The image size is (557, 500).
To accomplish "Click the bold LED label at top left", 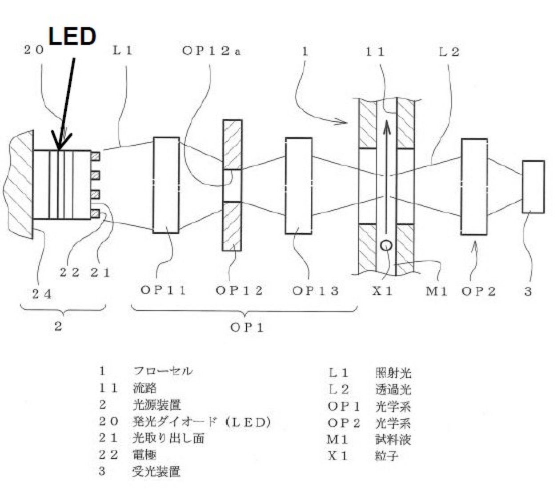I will pyautogui.click(x=72, y=36).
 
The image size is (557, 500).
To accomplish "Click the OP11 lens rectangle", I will pyautogui.click(x=166, y=185).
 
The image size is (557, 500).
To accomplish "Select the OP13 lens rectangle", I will pyautogui.click(x=298, y=186).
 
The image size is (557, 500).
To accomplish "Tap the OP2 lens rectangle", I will pyautogui.click(x=474, y=187).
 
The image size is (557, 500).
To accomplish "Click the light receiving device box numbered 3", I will pyautogui.click(x=533, y=187).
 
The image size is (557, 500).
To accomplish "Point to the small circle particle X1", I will pyautogui.click(x=386, y=245).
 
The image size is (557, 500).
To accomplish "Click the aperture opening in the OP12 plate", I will pyautogui.click(x=232, y=185).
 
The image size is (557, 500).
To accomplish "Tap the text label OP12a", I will pyautogui.click(x=212, y=51).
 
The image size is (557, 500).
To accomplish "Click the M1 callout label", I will pyautogui.click(x=437, y=292).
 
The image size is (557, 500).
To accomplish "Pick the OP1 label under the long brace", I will pyautogui.click(x=247, y=328).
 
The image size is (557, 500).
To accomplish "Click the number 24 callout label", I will pyautogui.click(x=42, y=294).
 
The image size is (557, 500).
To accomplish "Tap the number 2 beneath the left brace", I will pyautogui.click(x=58, y=327).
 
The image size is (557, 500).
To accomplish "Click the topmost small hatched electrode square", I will pyautogui.click(x=95, y=156).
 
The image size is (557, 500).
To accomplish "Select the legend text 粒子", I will pyautogui.click(x=386, y=456).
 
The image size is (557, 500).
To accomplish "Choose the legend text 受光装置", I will pyautogui.click(x=156, y=471).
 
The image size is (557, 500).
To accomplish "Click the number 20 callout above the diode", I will pyautogui.click(x=34, y=50).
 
